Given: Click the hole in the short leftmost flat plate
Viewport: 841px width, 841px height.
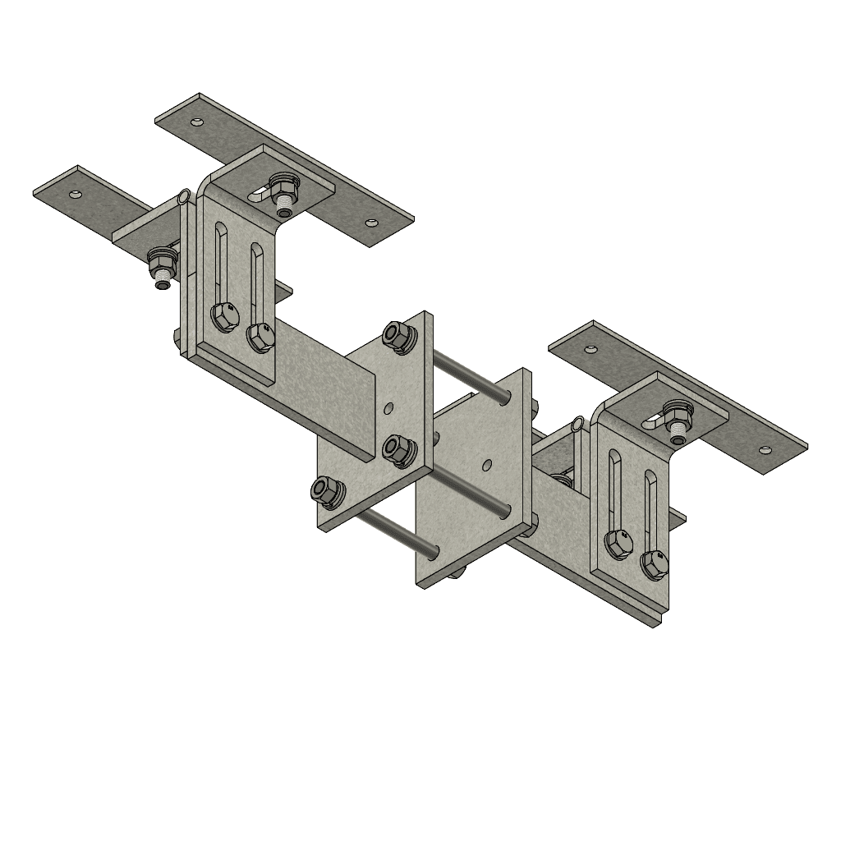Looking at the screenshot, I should [x=76, y=195].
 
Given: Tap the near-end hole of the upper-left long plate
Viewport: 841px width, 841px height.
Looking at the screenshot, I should [x=371, y=222].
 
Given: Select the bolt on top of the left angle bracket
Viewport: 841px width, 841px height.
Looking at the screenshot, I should [x=284, y=192].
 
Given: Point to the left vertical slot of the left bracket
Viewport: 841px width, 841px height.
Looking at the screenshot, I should [x=219, y=263].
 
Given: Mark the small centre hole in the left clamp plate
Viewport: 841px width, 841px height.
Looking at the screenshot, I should [x=389, y=406].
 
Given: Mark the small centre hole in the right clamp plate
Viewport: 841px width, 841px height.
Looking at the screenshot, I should [x=487, y=465].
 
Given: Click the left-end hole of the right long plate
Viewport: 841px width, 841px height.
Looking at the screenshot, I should [x=589, y=348].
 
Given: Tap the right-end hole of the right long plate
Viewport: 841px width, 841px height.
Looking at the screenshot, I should [x=765, y=450].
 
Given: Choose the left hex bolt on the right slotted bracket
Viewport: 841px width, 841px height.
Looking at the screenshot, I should [x=617, y=543].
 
